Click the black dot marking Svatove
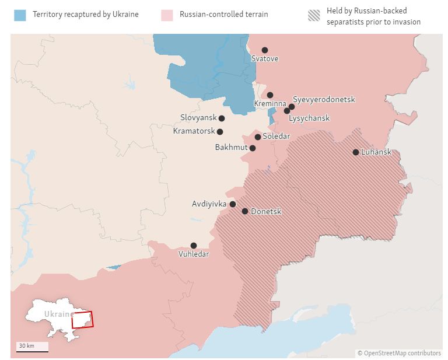[265, 50]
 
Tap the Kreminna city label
[270, 104]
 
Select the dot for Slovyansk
[222, 118]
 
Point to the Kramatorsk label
[194, 131]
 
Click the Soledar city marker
[258, 137]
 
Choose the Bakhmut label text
[231, 148]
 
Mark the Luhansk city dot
[356, 152]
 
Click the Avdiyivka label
[209, 204]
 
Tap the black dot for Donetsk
[245, 211]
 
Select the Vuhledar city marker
[194, 246]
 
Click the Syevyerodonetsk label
[324, 100]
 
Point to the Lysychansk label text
[309, 118]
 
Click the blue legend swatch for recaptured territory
[20, 15]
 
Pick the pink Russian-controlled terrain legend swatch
[167, 15]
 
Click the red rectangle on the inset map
[82, 320]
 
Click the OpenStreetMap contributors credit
[399, 353]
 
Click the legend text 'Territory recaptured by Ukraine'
[86, 14]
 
